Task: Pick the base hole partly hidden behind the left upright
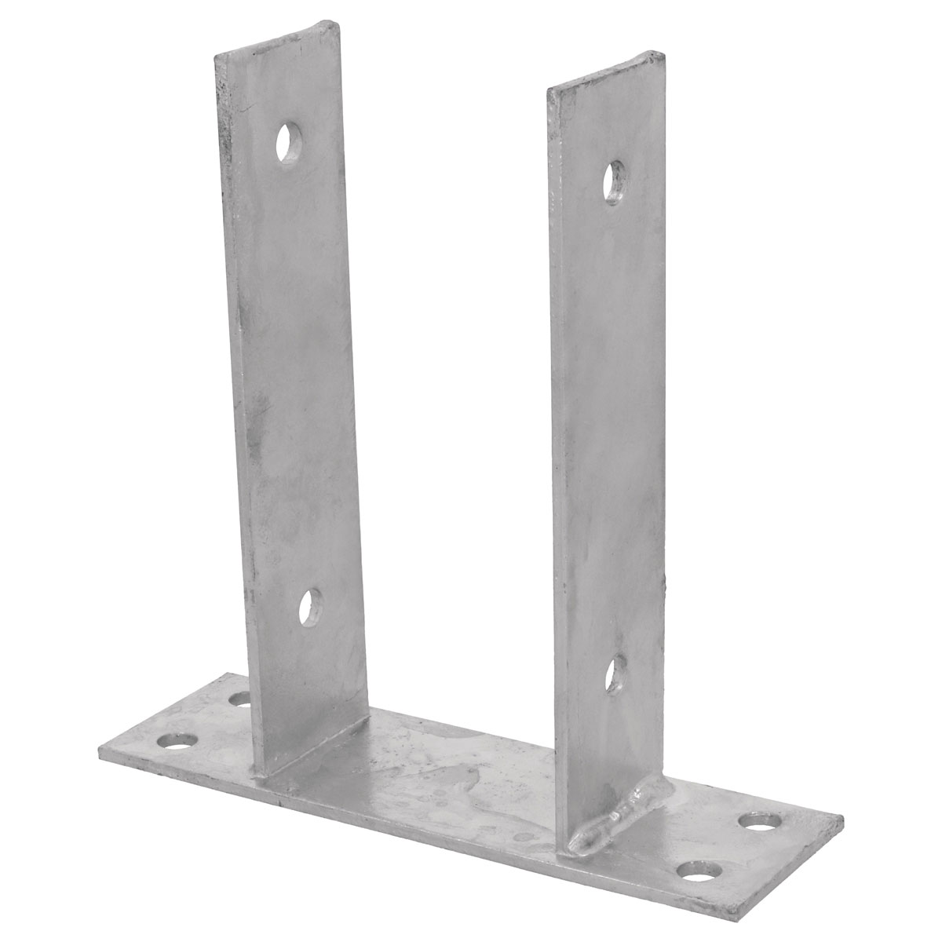tap(239, 697)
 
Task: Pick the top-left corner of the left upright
tap(215, 35)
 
